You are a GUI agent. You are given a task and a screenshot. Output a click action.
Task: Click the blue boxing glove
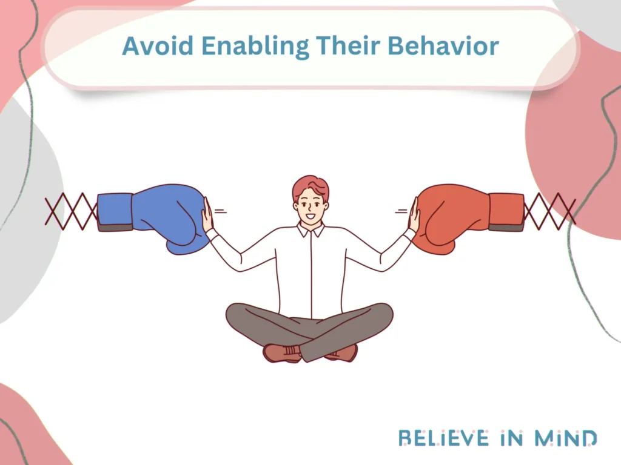click(x=170, y=215)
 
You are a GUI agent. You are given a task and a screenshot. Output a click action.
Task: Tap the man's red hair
click(x=310, y=184)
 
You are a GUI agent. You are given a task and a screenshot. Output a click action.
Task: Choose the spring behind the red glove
click(x=549, y=213)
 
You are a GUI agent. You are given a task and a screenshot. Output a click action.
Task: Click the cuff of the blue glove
click(x=115, y=212)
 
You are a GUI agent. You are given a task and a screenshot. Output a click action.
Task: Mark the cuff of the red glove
click(x=506, y=212)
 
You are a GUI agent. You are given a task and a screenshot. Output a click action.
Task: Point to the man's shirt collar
click(x=310, y=231)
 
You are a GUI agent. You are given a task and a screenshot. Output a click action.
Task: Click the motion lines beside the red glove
click(x=401, y=211)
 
